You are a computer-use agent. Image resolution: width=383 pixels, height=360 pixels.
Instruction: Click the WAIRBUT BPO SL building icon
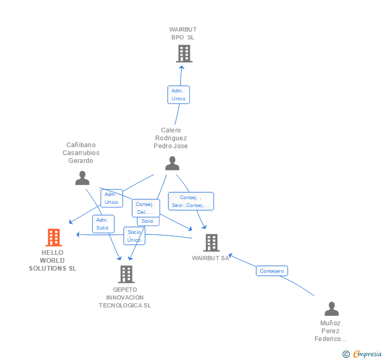[184, 54]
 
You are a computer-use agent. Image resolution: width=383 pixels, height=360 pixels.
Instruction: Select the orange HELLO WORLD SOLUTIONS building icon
[53, 238]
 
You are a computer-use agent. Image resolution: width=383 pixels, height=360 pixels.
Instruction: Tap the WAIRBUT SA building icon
[211, 243]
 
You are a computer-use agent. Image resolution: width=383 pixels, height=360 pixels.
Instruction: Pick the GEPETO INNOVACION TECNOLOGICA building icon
[126, 274]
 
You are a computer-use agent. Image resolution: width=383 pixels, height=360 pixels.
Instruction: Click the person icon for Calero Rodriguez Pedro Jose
[172, 163]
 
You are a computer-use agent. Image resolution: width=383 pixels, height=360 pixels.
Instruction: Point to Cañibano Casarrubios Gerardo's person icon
[82, 178]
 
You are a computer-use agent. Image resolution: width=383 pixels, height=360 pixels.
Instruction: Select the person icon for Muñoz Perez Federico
[331, 308]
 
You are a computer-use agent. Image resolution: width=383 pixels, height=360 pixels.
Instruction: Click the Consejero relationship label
[272, 271]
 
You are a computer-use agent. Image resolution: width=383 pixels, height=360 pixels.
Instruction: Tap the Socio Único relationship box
[134, 236]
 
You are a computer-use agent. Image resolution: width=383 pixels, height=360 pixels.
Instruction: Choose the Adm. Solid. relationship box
[103, 224]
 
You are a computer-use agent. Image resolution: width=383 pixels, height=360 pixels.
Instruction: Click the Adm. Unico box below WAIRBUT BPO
[178, 95]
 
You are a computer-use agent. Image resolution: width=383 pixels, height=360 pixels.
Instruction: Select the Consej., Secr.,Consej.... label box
[191, 201]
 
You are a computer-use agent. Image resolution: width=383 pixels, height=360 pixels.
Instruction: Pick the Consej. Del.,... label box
[145, 208]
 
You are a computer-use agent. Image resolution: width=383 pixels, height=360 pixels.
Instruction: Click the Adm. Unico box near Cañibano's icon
[112, 198]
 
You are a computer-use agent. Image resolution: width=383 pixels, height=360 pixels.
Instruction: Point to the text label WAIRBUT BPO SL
[183, 34]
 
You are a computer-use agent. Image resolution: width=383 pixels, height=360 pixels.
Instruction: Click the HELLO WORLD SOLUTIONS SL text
[53, 261]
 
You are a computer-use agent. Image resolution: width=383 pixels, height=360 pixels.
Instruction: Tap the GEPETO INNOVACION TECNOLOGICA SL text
[125, 297]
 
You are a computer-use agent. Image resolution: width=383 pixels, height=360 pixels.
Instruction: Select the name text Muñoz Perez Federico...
[330, 331]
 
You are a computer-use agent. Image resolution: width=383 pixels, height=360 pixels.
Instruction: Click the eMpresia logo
[367, 354]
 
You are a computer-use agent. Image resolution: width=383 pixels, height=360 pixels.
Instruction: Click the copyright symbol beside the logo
[346, 355]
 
